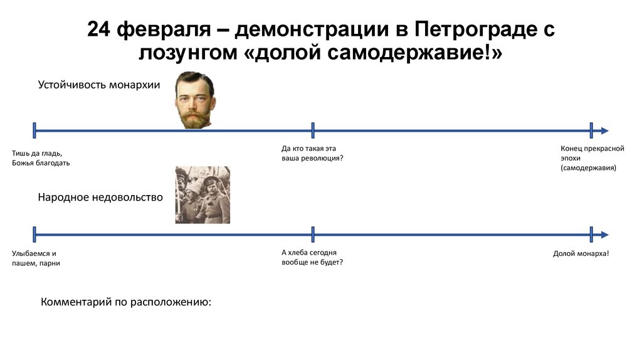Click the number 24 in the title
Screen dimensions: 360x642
click(100, 29)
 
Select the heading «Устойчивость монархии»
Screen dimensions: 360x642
click(99, 85)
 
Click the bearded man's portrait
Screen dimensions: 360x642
click(194, 100)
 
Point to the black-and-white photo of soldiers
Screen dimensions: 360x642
click(203, 195)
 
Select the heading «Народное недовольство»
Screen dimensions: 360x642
click(100, 198)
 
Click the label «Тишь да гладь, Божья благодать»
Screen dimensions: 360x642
click(41, 158)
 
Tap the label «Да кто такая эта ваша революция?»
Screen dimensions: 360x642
click(312, 154)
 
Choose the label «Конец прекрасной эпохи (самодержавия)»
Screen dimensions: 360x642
click(592, 159)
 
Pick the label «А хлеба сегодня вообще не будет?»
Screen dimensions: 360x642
click(312, 257)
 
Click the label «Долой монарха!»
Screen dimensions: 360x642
click(581, 253)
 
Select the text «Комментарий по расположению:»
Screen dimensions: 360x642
click(126, 302)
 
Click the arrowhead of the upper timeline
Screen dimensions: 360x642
click(604, 130)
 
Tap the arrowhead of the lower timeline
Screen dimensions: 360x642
click(604, 235)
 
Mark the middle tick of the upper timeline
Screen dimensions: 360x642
click(313, 130)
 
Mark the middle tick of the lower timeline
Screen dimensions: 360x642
click(313, 235)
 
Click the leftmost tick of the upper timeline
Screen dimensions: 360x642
click(34, 130)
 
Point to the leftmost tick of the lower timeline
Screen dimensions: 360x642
click(34, 235)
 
